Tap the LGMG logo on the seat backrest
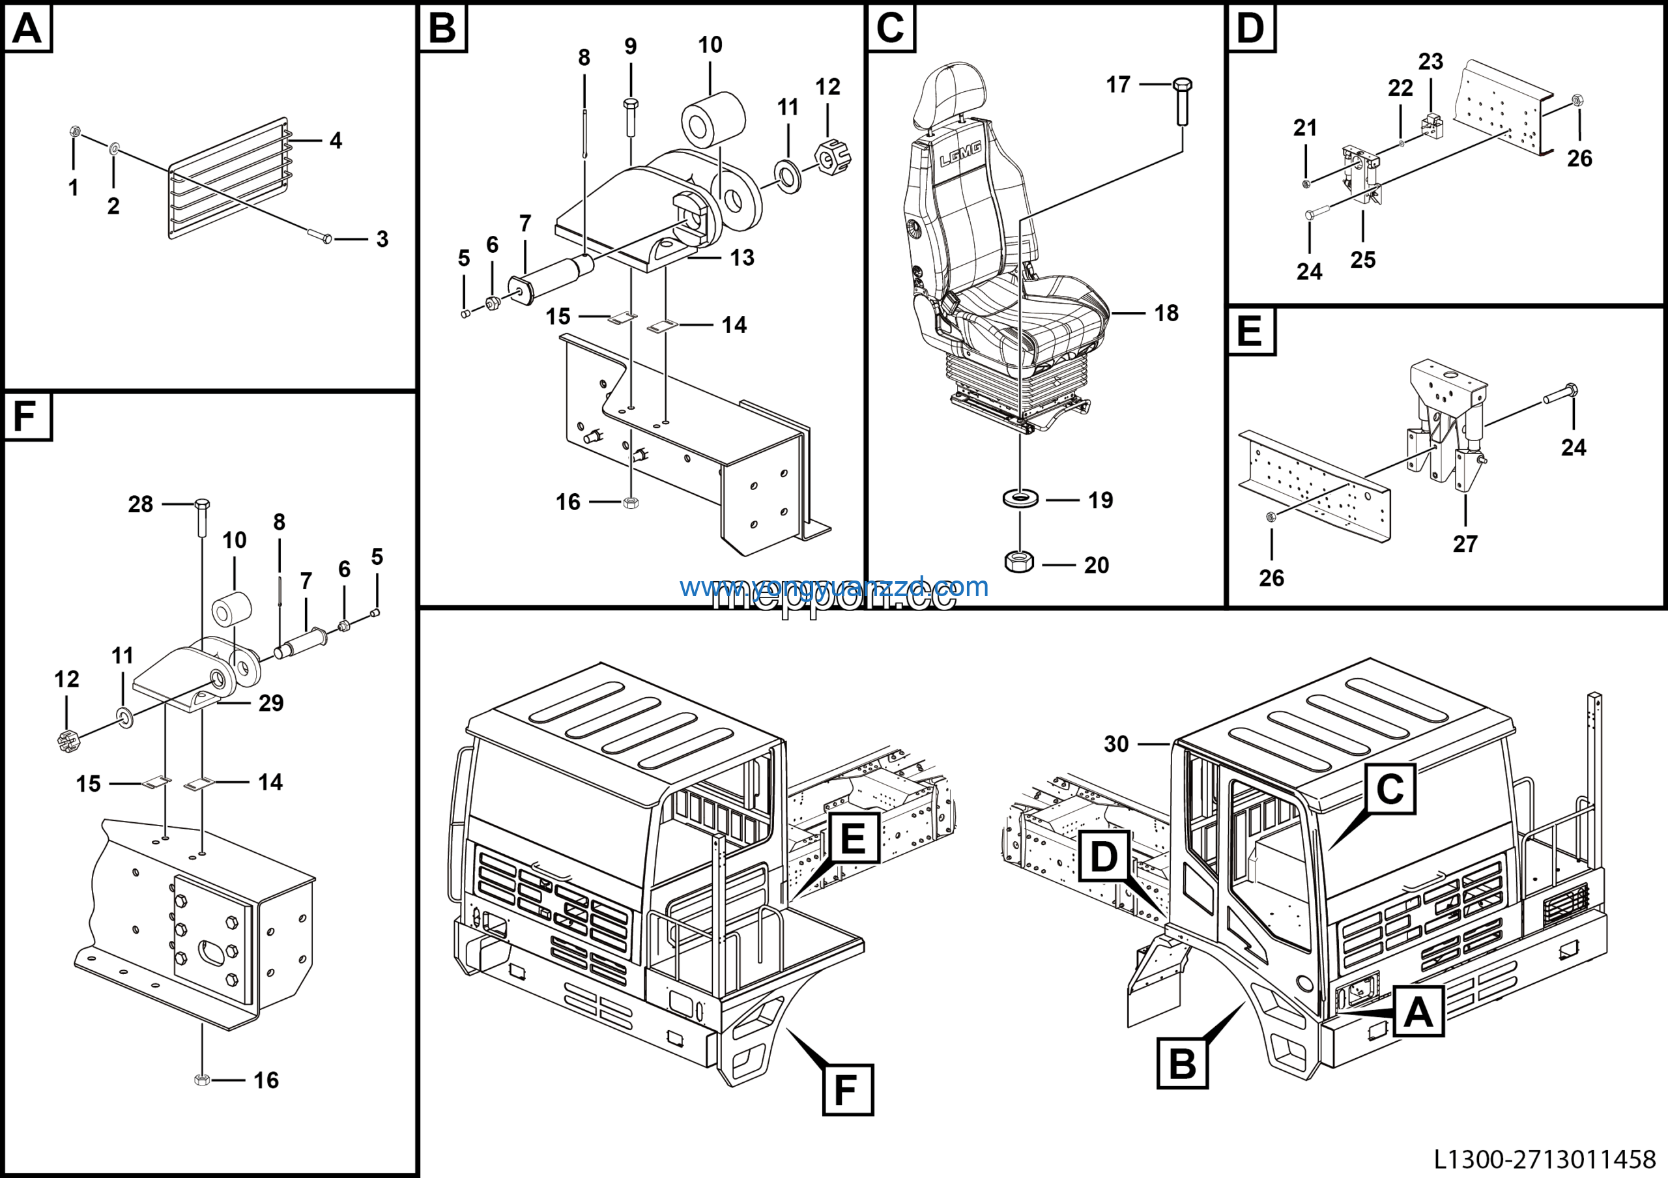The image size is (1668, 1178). pyautogui.click(x=960, y=154)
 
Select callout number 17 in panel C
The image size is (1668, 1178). pyautogui.click(x=1118, y=85)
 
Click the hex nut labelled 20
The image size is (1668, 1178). pyautogui.click(x=1019, y=562)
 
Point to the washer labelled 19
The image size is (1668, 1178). pyautogui.click(x=1020, y=499)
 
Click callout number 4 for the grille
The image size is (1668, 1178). pyautogui.click(x=336, y=140)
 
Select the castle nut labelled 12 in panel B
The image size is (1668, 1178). pyautogui.click(x=832, y=156)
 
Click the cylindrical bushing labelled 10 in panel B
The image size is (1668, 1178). pyautogui.click(x=713, y=120)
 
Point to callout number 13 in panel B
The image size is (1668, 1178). pyautogui.click(x=741, y=257)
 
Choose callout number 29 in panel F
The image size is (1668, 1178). pyautogui.click(x=271, y=702)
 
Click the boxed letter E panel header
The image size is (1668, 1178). pyautogui.click(x=1250, y=331)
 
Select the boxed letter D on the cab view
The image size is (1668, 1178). pyautogui.click(x=1104, y=856)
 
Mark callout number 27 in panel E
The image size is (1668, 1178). pyautogui.click(x=1465, y=543)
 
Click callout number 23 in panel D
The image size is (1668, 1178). pyautogui.click(x=1430, y=61)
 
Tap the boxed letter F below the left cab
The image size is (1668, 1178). pyautogui.click(x=847, y=1089)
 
